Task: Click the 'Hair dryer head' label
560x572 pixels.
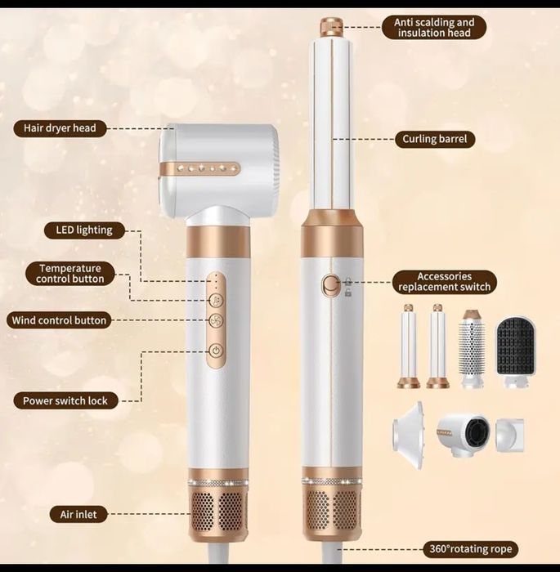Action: (60, 128)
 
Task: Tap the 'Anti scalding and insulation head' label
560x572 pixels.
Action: (434, 28)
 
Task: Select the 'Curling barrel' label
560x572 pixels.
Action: (434, 139)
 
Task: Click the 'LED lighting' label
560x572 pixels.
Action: (84, 230)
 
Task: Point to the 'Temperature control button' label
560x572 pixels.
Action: (70, 274)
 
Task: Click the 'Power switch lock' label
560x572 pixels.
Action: (65, 400)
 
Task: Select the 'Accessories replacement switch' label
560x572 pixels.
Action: (444, 282)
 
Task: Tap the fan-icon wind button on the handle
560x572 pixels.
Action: (216, 321)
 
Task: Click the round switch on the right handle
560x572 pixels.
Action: (330, 284)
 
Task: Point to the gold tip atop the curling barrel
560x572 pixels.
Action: (331, 26)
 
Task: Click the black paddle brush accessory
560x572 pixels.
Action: (516, 350)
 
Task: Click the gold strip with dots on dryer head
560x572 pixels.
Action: (199, 168)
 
